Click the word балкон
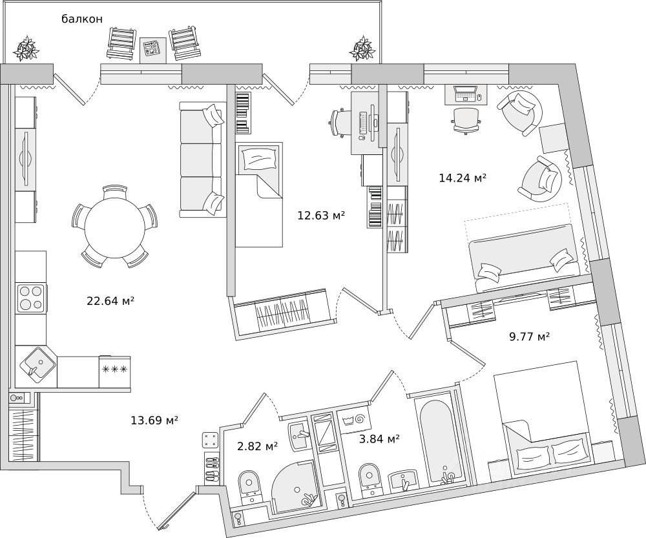[82, 19]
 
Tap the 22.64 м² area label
[111, 301]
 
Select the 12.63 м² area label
[321, 216]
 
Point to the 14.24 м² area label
[463, 178]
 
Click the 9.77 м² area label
[530, 337]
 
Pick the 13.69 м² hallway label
[154, 420]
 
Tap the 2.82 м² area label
[257, 446]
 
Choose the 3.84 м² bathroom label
[379, 439]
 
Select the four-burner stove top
[31, 298]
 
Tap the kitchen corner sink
[37, 362]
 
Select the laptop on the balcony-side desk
[465, 94]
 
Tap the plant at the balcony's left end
[26, 48]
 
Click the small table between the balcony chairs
[153, 50]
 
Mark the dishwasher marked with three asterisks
[114, 372]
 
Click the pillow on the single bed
[260, 159]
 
